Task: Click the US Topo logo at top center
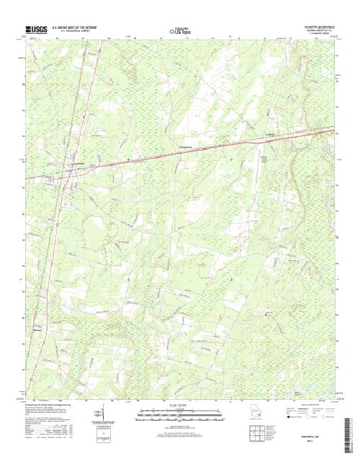[x=180, y=31]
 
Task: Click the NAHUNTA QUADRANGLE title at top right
[x=314, y=24]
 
